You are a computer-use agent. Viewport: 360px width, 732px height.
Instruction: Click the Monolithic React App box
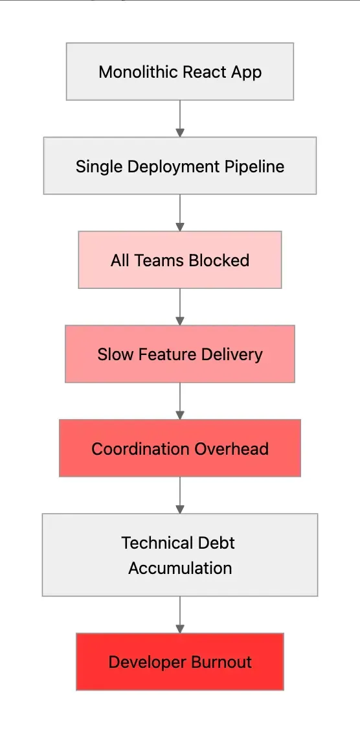[x=180, y=71]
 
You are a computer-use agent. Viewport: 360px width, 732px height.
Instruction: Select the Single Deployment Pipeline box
[x=180, y=166]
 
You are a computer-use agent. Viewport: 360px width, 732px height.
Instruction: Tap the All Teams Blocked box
[x=180, y=260]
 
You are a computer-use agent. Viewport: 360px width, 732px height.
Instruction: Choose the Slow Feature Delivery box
[x=180, y=354]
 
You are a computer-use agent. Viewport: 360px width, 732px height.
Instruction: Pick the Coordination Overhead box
[x=180, y=448]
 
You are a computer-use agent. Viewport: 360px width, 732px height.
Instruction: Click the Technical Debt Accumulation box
[x=180, y=555]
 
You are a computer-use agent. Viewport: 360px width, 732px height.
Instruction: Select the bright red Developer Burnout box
[x=180, y=661]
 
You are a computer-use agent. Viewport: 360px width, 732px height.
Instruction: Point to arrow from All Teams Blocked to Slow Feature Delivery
[x=180, y=307]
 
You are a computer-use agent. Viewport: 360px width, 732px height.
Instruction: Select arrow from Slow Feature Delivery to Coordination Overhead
[x=180, y=401]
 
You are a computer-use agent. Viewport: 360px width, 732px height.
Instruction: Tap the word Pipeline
[x=254, y=166]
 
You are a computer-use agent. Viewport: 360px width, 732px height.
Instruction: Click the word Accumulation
[x=180, y=568]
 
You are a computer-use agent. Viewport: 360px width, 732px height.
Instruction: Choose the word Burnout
[x=219, y=662]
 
